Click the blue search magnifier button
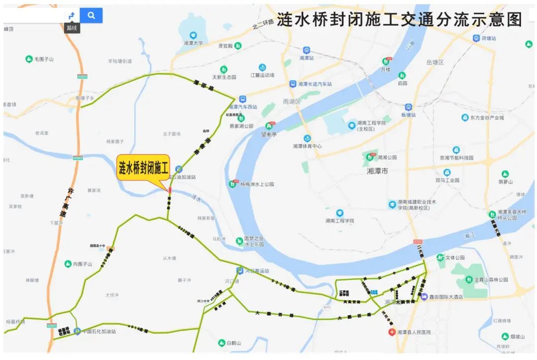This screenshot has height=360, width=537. click(91, 15)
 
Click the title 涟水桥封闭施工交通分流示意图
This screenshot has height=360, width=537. click(399, 20)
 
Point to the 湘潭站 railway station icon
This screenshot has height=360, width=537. click(306, 50)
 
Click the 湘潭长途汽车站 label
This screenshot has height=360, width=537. click(315, 84)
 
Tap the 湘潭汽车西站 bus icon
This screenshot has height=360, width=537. click(242, 99)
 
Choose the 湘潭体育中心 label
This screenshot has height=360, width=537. click(307, 146)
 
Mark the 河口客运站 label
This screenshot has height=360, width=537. click(257, 271)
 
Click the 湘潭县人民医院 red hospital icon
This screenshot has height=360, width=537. click(392, 332)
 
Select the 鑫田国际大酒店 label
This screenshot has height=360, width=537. click(446, 297)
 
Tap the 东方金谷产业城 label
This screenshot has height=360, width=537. click(487, 118)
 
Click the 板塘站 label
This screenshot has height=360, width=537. click(408, 114)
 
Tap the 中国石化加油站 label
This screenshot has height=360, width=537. click(99, 331)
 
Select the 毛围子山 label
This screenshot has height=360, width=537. click(44, 59)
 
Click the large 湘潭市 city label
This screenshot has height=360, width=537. click(377, 171)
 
